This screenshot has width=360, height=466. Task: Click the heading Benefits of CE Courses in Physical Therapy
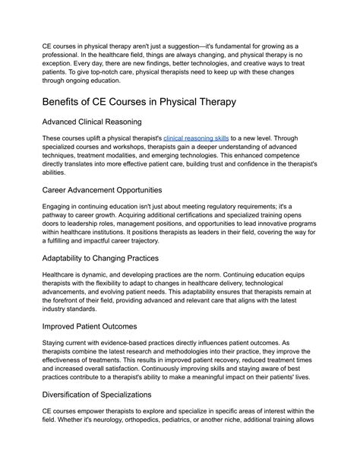coord(151,102)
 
